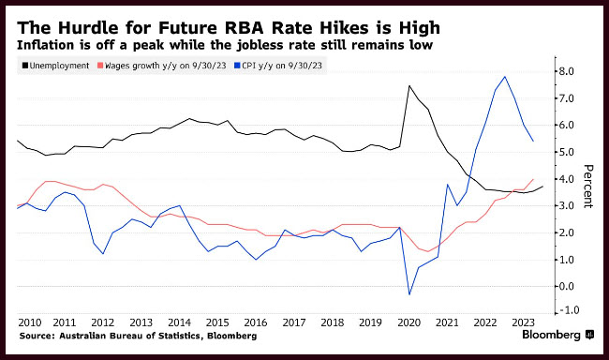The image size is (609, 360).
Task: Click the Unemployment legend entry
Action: point(55,66)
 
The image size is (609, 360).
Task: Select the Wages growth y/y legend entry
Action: point(161,66)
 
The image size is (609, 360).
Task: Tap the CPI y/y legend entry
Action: point(278,66)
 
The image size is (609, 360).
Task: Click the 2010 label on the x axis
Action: point(30,322)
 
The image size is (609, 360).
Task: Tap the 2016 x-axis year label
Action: point(256,322)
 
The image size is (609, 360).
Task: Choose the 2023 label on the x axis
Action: point(523,322)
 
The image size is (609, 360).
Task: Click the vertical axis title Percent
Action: point(588,187)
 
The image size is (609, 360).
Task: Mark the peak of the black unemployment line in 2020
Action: point(409,85)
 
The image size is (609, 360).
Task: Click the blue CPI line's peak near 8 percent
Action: point(504,77)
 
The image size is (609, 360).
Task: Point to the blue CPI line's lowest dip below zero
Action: point(409,294)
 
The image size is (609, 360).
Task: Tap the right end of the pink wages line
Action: point(533,179)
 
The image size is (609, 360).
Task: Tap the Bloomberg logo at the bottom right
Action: point(557,335)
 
